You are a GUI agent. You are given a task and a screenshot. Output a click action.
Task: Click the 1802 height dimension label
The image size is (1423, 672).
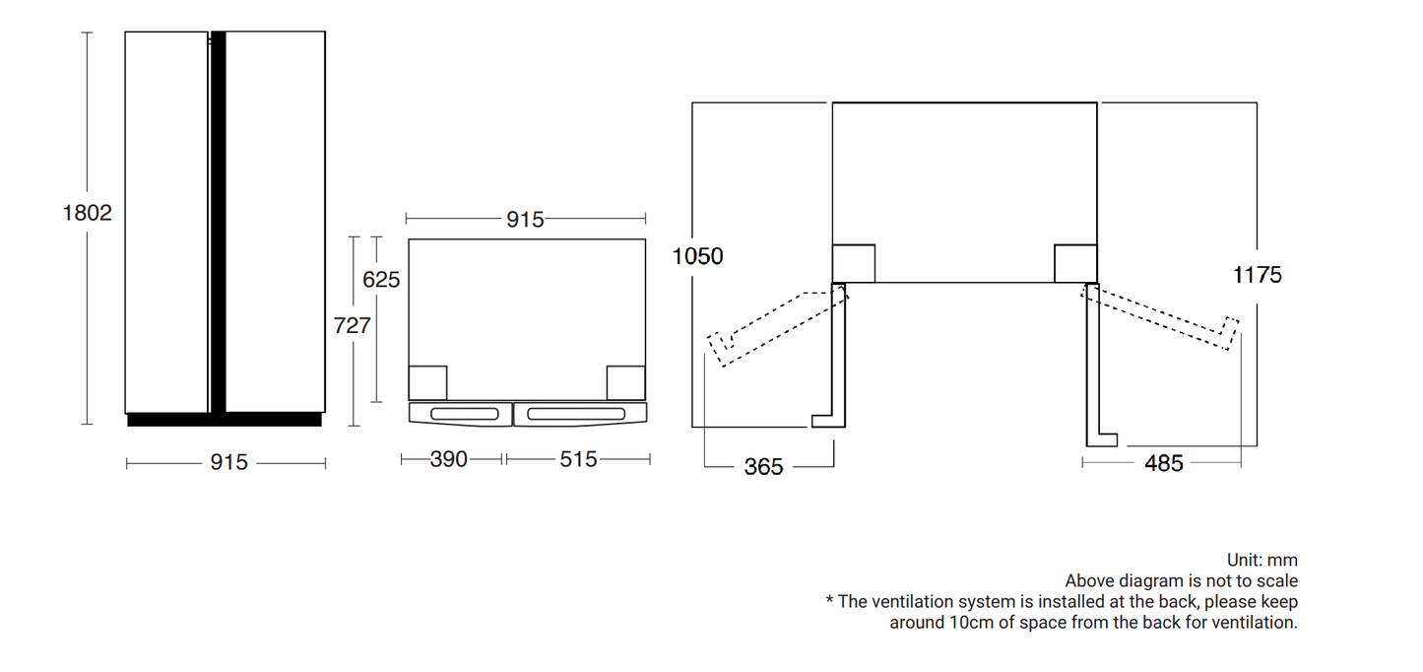click(x=87, y=213)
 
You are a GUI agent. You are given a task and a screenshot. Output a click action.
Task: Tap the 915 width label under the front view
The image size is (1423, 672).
click(x=228, y=462)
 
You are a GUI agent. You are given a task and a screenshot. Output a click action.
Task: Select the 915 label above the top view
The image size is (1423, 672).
click(x=525, y=220)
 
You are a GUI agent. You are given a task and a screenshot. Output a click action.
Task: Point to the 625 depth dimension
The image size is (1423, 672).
click(x=381, y=279)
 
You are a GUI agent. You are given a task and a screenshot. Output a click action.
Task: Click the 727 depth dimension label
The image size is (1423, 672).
click(x=352, y=325)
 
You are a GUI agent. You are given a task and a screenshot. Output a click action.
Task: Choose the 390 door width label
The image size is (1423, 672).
click(x=448, y=459)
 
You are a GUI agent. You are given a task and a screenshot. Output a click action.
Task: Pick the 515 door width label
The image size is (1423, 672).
click(x=578, y=459)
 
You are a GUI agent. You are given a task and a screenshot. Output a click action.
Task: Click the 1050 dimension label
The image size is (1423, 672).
click(x=697, y=256)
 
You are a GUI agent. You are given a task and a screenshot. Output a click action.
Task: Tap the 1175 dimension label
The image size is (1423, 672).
click(x=1258, y=275)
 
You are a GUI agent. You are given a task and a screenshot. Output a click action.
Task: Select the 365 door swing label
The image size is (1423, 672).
click(x=763, y=467)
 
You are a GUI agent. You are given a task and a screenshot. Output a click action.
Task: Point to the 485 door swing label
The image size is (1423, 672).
click(x=1164, y=463)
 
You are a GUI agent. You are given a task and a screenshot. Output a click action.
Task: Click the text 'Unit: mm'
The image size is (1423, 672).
click(x=1262, y=560)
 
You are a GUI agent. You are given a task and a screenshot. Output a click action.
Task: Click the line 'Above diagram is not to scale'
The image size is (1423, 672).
click(x=1182, y=581)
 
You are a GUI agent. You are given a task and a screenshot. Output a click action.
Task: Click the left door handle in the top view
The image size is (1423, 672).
click(x=465, y=415)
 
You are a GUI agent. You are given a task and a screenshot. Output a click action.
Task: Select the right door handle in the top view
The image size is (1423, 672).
click(x=576, y=415)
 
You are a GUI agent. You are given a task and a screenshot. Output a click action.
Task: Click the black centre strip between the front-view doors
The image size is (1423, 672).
click(x=218, y=222)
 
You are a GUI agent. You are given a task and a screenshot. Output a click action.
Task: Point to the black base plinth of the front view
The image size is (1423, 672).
click(x=225, y=420)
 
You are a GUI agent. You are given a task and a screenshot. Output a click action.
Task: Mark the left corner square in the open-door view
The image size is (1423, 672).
click(x=854, y=263)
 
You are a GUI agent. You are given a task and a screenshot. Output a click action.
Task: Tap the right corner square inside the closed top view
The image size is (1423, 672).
click(x=625, y=382)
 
